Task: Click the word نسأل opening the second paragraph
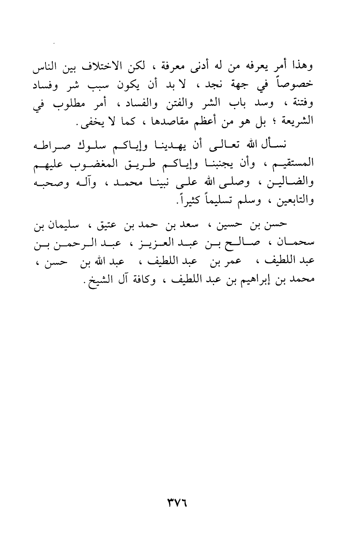(277, 146)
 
